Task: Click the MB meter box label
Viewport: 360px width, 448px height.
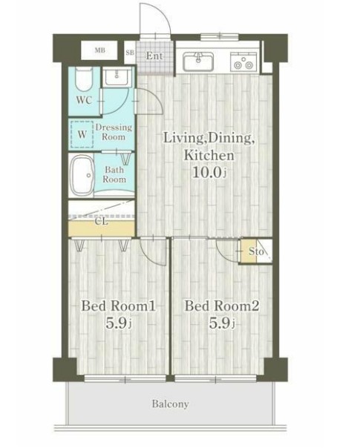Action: pos(99,50)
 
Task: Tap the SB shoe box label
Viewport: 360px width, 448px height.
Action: pos(130,53)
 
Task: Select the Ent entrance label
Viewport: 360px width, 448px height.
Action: pos(154,56)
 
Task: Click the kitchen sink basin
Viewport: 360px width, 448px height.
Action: pos(198,62)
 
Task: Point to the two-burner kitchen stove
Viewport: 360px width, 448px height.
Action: pos(243,62)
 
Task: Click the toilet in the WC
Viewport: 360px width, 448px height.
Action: pos(84,79)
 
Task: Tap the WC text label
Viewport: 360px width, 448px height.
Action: pos(84,100)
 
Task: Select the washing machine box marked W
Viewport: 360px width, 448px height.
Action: pos(82,134)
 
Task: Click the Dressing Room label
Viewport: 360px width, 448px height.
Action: pos(114,132)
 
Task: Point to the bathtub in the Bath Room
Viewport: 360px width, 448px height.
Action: pos(82,175)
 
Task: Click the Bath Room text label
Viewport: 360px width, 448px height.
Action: pos(114,174)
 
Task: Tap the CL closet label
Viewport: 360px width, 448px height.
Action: pos(101,221)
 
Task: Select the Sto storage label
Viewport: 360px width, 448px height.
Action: pos(256,251)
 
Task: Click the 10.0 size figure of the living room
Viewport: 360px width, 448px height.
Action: pos(209,172)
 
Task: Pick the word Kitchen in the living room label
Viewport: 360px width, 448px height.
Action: pos(209,156)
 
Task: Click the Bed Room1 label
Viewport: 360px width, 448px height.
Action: pos(118,306)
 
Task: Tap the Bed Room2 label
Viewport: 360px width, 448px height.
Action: pos(222,306)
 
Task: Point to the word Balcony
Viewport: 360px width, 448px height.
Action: pos(171,404)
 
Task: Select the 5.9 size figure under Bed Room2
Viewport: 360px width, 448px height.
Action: pos(222,323)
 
